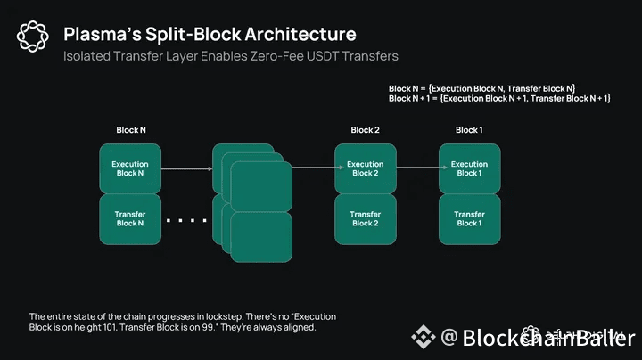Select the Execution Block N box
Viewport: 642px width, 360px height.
tap(129, 168)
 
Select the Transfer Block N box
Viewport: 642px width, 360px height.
tap(129, 218)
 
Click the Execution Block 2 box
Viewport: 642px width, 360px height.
tap(365, 168)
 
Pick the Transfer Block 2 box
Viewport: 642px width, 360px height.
tap(365, 218)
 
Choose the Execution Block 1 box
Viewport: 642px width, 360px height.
tap(469, 168)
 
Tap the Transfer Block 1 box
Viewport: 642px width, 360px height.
tap(469, 218)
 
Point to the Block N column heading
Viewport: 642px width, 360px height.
tap(130, 130)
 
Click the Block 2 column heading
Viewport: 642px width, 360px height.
tap(365, 130)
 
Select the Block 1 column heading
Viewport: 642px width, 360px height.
tap(469, 130)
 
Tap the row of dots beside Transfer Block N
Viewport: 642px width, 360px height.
tap(185, 219)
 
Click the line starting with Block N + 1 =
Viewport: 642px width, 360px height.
tap(499, 98)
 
